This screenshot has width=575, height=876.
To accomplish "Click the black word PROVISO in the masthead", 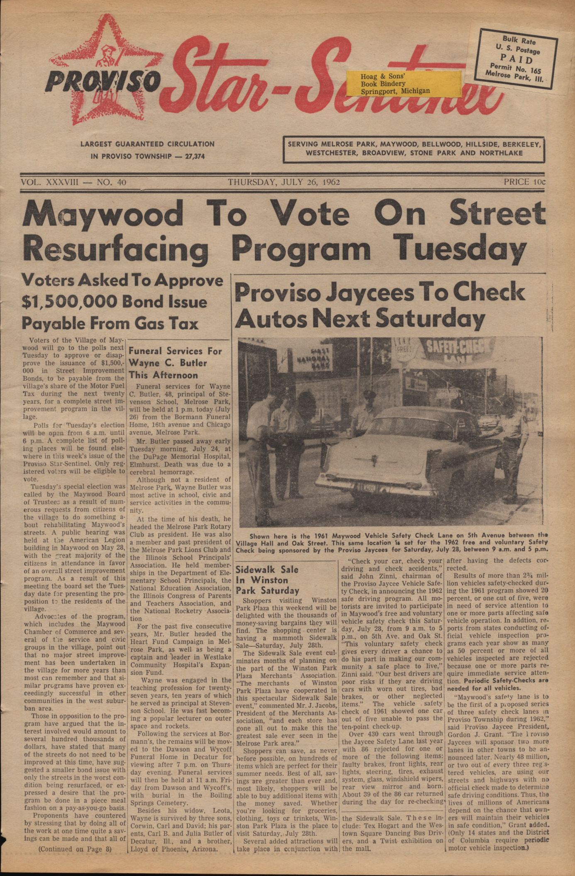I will pyautogui.click(x=102, y=80).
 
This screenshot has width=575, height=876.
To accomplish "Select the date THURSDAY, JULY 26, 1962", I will pyautogui.click(x=284, y=182).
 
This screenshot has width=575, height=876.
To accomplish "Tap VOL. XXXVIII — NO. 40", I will pyautogui.click(x=73, y=182).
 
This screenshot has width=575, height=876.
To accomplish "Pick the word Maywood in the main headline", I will pyautogui.click(x=102, y=215).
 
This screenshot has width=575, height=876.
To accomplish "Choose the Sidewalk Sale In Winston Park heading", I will pyautogui.click(x=268, y=580).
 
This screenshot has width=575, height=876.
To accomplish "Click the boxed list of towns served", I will pyautogui.click(x=414, y=149).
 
